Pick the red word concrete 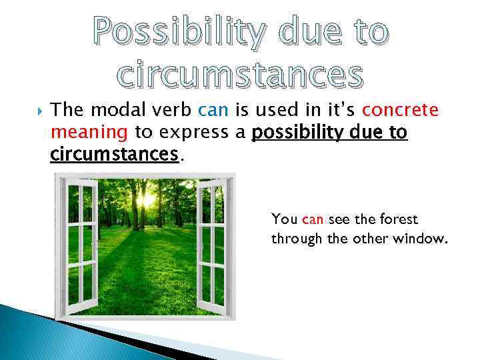[410, 109]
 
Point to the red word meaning [89, 132]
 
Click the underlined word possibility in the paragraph [300, 132]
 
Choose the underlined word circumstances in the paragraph [115, 155]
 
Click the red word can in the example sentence [312, 219]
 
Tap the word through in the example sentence [296, 238]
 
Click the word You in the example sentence [284, 219]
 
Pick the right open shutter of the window [213, 247]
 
